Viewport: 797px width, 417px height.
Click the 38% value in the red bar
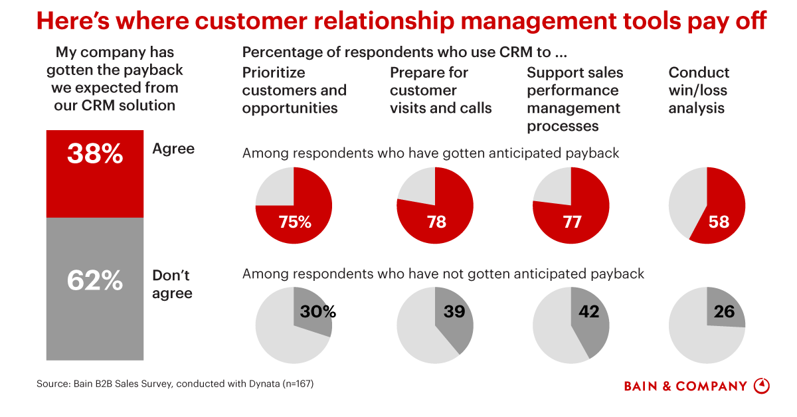tap(95, 155)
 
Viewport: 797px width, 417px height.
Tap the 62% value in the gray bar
tap(95, 281)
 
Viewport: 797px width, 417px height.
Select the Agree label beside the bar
tap(173, 149)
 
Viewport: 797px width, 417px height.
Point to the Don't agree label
tap(172, 284)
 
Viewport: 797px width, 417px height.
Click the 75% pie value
tap(295, 222)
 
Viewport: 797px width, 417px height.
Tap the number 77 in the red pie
tap(572, 222)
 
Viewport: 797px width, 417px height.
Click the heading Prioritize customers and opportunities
tap(294, 90)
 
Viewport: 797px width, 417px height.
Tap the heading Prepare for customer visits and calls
tap(441, 90)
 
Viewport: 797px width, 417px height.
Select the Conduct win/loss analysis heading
tap(699, 90)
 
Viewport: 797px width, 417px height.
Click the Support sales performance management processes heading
tap(575, 99)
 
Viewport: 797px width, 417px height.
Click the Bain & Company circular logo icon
tap(762, 386)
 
